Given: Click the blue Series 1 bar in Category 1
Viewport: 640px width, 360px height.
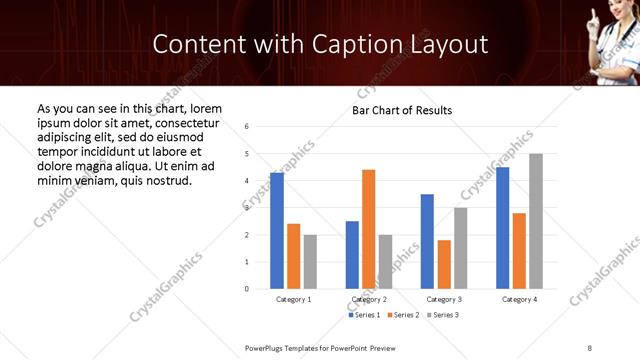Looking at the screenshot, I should pos(277,231).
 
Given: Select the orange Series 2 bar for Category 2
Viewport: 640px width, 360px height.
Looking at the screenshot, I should pos(368,229).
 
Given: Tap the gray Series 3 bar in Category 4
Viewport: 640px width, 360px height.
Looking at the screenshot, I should pos(536,221).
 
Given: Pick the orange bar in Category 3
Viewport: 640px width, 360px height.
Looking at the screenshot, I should pos(444,264).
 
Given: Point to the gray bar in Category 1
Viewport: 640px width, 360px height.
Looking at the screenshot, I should pos(310,262).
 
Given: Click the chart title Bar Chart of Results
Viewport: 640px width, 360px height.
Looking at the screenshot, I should pos(402,110).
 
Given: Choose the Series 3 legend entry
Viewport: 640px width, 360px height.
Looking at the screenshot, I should pos(443,315).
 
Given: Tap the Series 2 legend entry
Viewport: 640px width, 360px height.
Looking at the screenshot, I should pos(404,315).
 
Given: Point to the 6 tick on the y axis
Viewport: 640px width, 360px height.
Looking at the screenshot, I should pos(247,127).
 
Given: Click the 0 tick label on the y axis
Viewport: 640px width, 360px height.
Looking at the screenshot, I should pos(247,289).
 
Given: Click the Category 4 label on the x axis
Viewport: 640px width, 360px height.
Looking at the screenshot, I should pos(519,300).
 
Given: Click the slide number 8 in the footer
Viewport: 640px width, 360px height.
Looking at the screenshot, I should pos(590,347).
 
